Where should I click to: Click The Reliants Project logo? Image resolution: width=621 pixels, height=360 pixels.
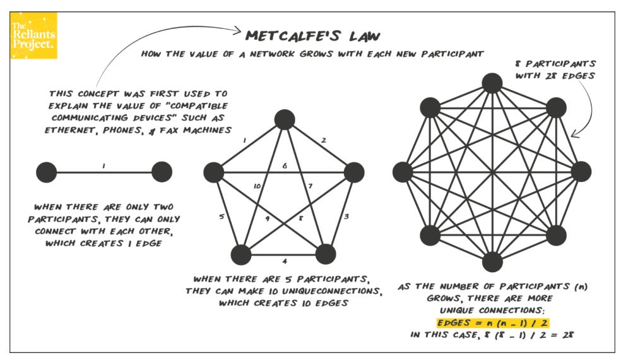pos(33,36)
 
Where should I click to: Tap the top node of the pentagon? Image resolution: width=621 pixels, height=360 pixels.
pos(285,118)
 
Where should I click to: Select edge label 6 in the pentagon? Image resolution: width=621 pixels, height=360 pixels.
pos(285,165)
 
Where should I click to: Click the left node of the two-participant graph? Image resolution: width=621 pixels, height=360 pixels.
pos(46,171)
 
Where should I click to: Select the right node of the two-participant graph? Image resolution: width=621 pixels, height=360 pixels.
pos(162,171)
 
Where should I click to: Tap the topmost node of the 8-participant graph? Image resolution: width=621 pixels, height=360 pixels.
pos(492,83)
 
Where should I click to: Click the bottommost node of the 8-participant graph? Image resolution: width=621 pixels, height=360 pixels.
pos(492,261)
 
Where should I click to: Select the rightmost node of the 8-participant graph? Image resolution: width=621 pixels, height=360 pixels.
pos(581,172)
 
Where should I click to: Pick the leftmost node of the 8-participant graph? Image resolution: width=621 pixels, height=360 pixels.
pos(403,172)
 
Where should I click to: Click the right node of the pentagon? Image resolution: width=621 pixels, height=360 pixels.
pos(354,172)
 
